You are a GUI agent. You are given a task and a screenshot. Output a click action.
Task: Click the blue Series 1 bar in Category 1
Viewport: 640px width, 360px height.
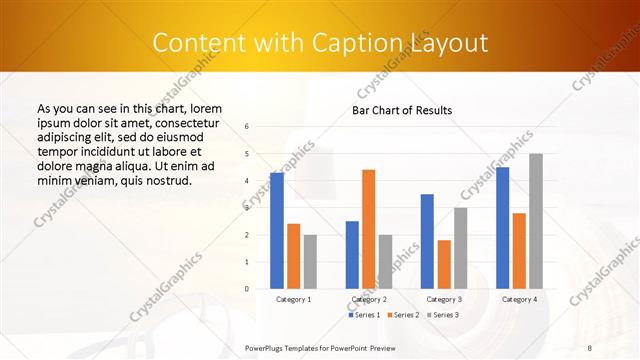(x=277, y=231)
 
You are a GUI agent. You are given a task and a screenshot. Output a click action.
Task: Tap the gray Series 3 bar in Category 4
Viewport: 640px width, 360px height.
(x=536, y=221)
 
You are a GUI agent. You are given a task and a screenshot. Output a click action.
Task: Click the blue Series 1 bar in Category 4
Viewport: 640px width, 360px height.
(x=502, y=228)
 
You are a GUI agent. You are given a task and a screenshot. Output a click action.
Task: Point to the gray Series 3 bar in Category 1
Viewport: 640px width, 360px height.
(x=310, y=262)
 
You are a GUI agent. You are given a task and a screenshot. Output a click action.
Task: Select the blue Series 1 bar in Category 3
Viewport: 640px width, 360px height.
(x=427, y=241)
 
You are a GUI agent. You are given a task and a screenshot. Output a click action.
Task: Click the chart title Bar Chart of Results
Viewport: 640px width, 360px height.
(x=402, y=110)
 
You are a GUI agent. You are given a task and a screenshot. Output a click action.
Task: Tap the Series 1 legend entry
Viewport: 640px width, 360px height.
(x=364, y=315)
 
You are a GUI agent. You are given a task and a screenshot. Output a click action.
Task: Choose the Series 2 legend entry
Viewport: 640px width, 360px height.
(x=403, y=315)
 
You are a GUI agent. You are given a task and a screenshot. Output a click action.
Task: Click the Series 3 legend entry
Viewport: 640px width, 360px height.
(x=443, y=315)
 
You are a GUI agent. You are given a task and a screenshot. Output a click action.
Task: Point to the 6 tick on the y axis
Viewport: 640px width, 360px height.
(x=247, y=127)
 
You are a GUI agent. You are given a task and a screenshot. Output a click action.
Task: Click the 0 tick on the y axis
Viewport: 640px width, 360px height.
(x=247, y=289)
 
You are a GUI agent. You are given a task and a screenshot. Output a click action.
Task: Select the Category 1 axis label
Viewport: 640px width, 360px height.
(x=293, y=299)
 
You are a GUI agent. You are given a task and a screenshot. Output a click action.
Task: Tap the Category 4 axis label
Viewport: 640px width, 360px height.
(x=519, y=299)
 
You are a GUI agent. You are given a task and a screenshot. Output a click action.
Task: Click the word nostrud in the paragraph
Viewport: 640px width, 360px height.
(x=168, y=181)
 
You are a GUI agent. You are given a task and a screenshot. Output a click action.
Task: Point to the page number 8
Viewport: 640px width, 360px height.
(x=589, y=347)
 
